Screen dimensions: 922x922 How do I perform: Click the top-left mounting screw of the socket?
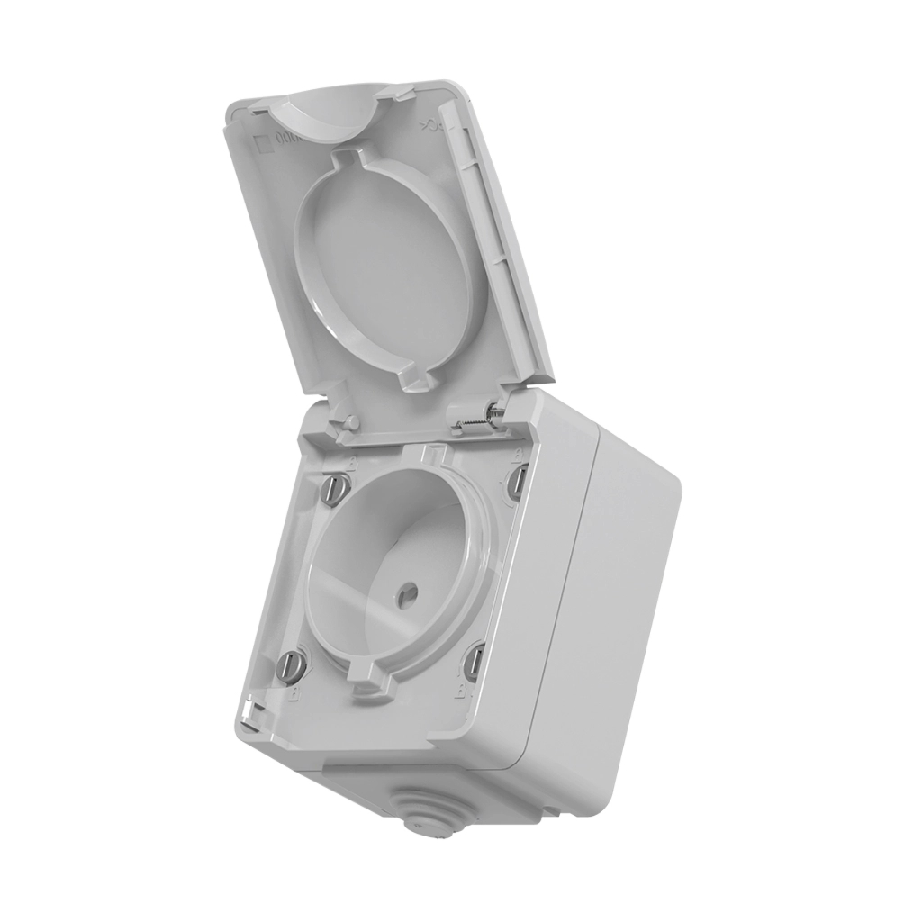pos(334,486)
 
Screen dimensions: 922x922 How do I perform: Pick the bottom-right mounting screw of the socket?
pos(473,664)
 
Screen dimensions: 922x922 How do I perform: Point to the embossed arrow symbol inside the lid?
pos(429,128)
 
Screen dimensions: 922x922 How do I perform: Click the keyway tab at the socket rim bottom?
pos(369,684)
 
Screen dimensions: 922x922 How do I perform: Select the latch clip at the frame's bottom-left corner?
pos(251,718)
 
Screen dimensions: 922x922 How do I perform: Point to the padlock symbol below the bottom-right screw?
pos(463,694)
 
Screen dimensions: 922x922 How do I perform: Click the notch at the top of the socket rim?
pos(435,454)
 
